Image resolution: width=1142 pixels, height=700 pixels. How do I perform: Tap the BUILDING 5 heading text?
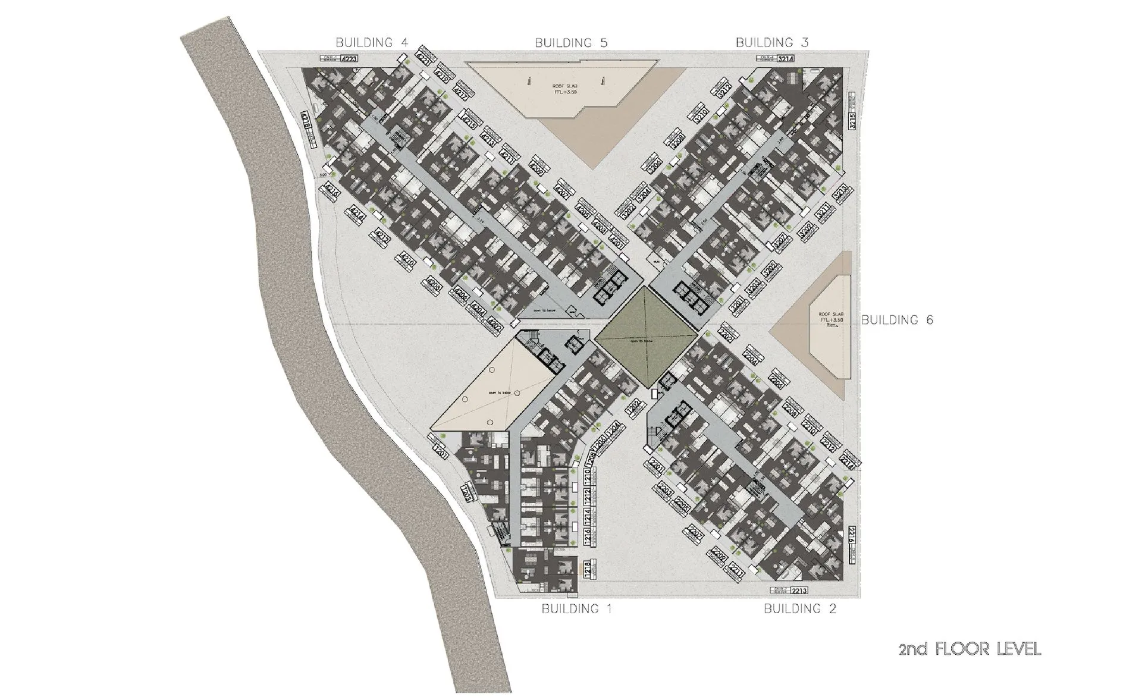tap(571, 42)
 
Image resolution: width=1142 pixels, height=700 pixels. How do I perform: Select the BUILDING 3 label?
tap(772, 42)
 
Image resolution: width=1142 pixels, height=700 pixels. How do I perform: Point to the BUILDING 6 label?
tap(898, 320)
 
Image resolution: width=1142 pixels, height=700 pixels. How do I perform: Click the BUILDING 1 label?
tap(576, 608)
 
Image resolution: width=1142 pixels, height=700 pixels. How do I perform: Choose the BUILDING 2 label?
tap(800, 608)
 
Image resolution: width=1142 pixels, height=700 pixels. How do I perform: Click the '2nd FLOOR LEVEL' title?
tap(970, 649)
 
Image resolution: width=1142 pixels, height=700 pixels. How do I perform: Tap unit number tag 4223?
tap(350, 59)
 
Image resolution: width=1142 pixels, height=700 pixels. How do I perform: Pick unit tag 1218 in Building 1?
tap(587, 569)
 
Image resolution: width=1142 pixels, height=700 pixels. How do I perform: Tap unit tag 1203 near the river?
tap(468, 492)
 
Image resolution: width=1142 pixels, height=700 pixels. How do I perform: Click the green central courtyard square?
tap(646, 335)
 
